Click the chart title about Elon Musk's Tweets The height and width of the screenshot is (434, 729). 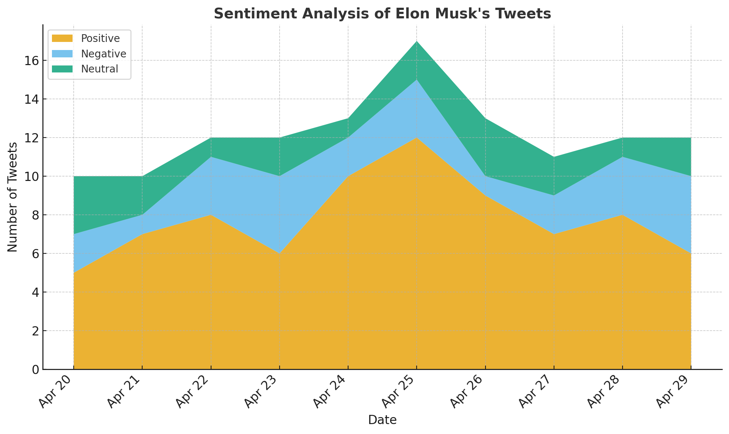[382, 14]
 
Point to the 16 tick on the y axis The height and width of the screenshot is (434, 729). [32, 61]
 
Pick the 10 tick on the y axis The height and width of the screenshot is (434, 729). [32, 177]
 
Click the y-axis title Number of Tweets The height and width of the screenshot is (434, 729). [13, 197]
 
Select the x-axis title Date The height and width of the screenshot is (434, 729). [382, 420]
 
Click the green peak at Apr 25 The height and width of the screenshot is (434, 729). [417, 42]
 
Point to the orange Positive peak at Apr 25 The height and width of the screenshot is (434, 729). [417, 138]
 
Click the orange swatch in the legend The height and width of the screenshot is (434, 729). [62, 38]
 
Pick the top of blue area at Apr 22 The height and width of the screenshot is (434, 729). [211, 157]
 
